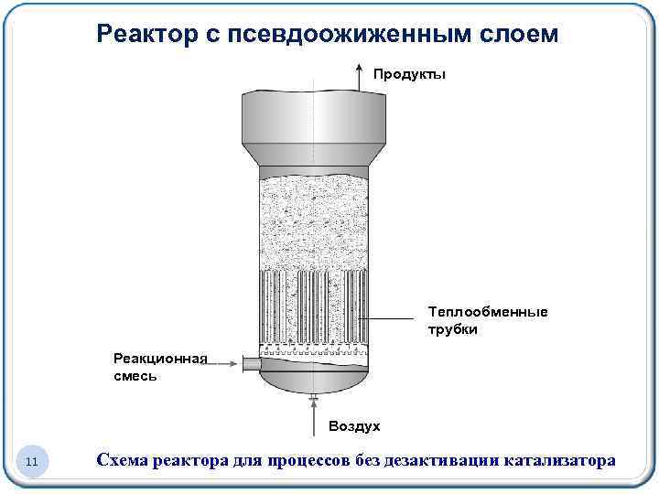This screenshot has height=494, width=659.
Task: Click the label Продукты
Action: [409, 74]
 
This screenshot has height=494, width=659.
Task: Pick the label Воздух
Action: [353, 426]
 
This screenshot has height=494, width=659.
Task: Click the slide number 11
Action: [31, 462]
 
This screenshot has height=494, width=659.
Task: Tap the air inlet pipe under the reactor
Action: [313, 399]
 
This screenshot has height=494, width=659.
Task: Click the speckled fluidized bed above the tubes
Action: [313, 224]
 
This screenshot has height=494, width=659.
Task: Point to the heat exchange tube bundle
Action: [313, 306]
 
